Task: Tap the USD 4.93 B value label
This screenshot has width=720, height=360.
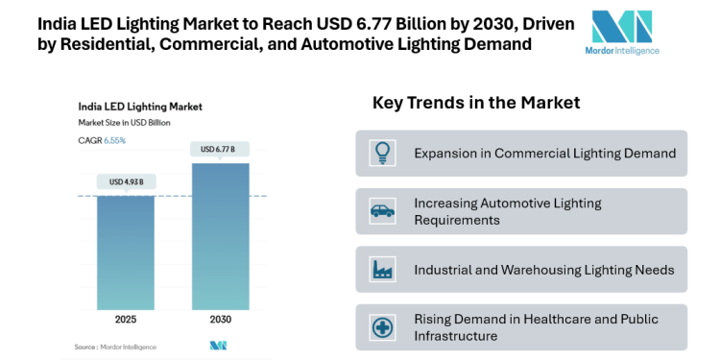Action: (126, 182)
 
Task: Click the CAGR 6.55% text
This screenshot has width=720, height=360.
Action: (103, 140)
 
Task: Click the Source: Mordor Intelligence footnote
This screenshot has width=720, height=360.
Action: (115, 346)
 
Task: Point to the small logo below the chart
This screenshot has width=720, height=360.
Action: (218, 346)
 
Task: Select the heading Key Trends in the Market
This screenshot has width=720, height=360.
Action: (475, 103)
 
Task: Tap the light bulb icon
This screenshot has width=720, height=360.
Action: (382, 153)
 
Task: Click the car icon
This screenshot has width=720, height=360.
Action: (382, 211)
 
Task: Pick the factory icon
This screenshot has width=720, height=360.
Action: (382, 270)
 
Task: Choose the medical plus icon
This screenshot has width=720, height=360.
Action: (382, 327)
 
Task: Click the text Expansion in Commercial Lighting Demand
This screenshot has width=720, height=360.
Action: (544, 153)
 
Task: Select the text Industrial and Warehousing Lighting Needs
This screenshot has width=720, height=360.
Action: (543, 270)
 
